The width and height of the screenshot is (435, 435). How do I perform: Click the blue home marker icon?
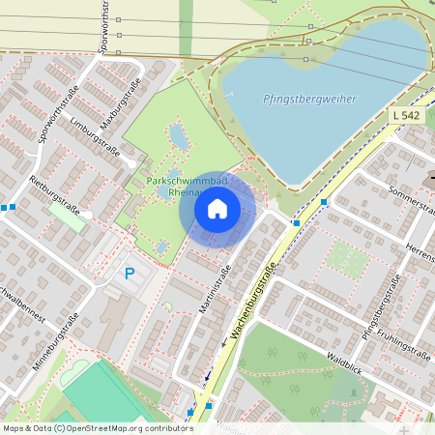[217, 208]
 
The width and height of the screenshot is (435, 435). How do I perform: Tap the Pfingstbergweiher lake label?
[309, 99]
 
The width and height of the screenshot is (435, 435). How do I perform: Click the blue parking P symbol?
[130, 275]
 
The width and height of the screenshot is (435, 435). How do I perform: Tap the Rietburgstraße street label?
[52, 193]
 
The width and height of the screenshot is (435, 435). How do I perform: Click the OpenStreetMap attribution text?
[97, 427]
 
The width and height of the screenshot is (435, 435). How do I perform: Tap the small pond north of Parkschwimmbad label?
[179, 138]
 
